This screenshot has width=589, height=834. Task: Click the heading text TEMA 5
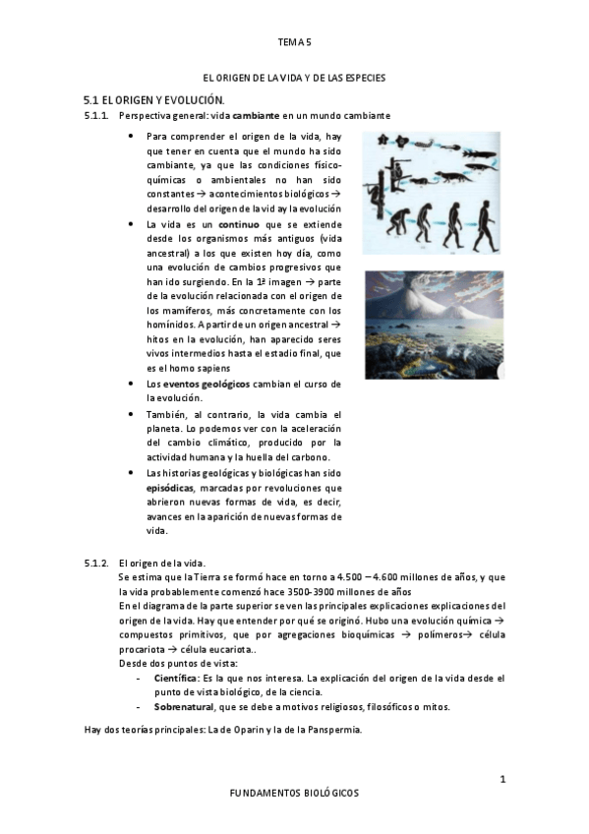294,42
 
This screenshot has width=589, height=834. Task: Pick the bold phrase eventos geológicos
206,384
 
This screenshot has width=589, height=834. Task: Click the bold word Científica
175,678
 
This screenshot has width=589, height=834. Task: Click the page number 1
502,779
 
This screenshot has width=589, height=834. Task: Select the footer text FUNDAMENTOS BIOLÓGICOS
294,792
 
